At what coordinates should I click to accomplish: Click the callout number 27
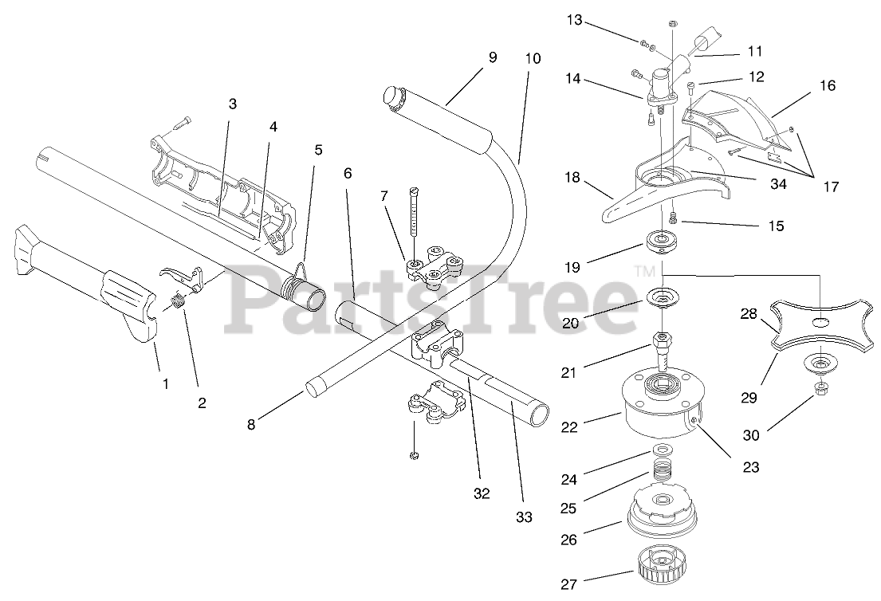pyautogui.click(x=568, y=584)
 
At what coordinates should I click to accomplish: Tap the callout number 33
pyautogui.click(x=523, y=517)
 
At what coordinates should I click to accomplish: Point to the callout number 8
pyautogui.click(x=251, y=425)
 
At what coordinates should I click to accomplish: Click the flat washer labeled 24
pyautogui.click(x=659, y=451)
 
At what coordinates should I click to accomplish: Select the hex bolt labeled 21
pyautogui.click(x=662, y=347)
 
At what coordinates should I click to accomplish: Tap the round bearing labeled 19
pyautogui.click(x=661, y=240)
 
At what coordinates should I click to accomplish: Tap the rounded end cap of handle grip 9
pyautogui.click(x=390, y=96)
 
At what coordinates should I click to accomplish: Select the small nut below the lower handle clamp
pyautogui.click(x=414, y=455)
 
